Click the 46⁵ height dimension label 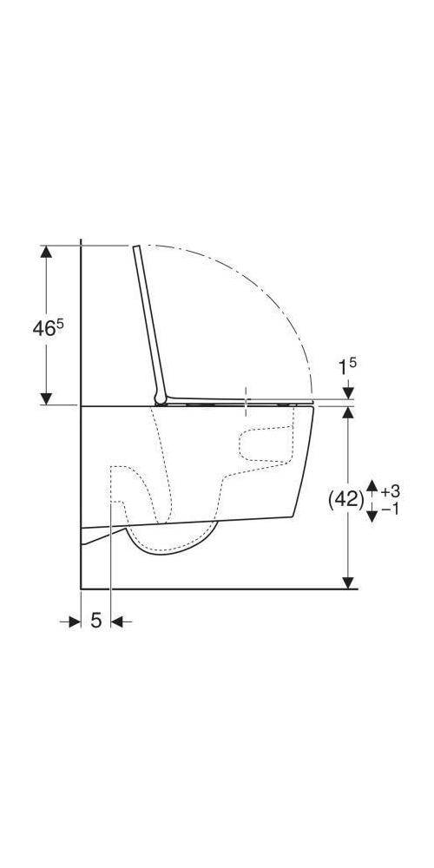(x=48, y=328)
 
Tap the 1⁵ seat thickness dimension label (x=348, y=366)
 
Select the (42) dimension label (x=346, y=501)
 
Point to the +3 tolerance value (x=391, y=490)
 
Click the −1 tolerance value (x=391, y=509)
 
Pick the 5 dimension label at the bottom (x=96, y=621)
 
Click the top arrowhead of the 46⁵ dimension (x=47, y=252)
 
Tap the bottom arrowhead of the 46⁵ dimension (x=47, y=398)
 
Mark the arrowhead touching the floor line (x=348, y=582)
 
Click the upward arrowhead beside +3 (x=372, y=487)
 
